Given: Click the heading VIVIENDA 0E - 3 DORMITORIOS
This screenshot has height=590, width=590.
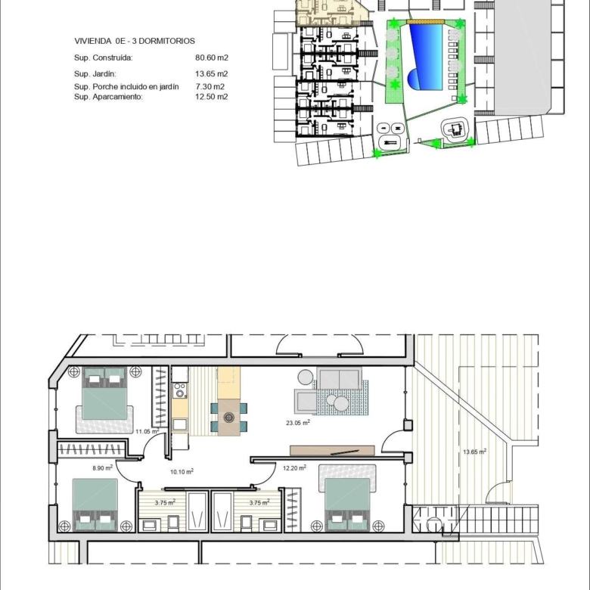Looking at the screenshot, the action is point(135,41).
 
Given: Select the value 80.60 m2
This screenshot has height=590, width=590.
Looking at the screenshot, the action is point(212,57).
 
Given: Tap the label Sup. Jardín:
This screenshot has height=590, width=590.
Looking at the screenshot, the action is point(95,74).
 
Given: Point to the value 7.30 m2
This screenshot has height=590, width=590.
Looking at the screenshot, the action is point(210,86).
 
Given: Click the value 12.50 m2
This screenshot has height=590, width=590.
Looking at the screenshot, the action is point(212,97).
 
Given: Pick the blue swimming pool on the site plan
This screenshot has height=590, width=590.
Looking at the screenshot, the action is point(426,57).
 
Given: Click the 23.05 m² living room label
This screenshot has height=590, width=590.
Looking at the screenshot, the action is point(298,423).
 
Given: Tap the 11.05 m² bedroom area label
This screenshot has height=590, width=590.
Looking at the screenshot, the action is point(147,431).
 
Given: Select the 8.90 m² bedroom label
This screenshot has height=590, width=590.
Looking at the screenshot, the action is point(102,468).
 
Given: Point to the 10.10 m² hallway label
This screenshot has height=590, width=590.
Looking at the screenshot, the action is point(182,471).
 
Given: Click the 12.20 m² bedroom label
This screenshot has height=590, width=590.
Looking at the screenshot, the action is point(294,467).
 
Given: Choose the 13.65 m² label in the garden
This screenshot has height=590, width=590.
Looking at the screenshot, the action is point(474,452).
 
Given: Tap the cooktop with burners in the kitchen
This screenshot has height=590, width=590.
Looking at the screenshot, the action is point(180,390).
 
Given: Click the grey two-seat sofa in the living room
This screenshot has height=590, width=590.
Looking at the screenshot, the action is point(339,378).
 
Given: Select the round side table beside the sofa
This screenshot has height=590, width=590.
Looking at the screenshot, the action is point(306,377).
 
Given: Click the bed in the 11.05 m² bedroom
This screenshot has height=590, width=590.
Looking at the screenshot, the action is point(104,393).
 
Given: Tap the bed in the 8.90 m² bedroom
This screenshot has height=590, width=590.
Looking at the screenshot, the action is point(95,505).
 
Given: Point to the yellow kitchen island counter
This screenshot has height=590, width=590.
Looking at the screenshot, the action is point(228,383).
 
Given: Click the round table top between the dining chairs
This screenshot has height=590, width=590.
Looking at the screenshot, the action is point(228,418).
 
